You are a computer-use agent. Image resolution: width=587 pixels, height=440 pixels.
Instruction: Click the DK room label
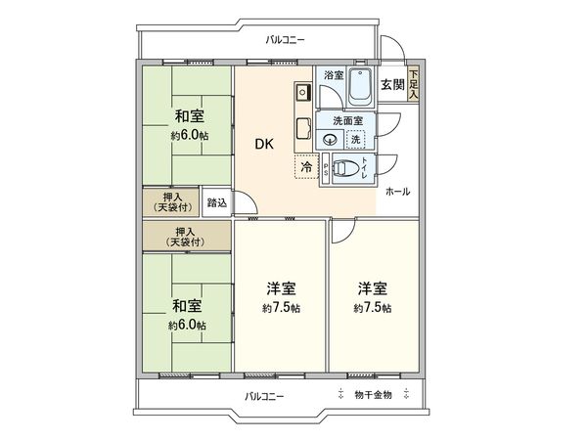[x=264, y=144]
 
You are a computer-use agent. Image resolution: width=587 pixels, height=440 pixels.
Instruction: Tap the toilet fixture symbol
[x=344, y=168]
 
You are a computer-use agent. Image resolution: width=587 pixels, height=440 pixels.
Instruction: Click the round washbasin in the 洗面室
[x=329, y=139]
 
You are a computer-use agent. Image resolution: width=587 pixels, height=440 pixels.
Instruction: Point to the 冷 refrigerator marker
[x=306, y=167]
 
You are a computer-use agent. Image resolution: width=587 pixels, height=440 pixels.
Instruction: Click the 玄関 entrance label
[x=392, y=83]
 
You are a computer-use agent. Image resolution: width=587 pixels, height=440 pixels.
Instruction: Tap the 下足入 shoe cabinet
[x=414, y=85]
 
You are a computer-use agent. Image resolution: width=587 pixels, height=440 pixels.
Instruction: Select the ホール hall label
[x=398, y=192]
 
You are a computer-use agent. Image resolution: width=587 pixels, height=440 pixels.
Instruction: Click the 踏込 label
[x=217, y=203]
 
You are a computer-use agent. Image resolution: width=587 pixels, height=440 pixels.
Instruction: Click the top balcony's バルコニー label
[x=286, y=40]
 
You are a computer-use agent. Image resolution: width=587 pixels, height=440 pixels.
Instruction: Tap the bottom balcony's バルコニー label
[x=264, y=395]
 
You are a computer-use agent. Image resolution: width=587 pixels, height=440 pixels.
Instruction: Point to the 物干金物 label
[x=372, y=395]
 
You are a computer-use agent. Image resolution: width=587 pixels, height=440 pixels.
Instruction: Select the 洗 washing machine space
[x=355, y=139]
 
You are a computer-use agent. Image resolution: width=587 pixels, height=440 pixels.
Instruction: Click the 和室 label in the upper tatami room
[x=188, y=116]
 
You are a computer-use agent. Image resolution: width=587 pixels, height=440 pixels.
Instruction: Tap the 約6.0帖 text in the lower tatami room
[x=187, y=325]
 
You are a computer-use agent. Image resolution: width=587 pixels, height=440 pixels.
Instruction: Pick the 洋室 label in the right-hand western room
[x=372, y=288]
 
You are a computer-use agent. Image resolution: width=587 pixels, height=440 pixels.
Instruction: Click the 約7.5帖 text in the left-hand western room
[x=280, y=308]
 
